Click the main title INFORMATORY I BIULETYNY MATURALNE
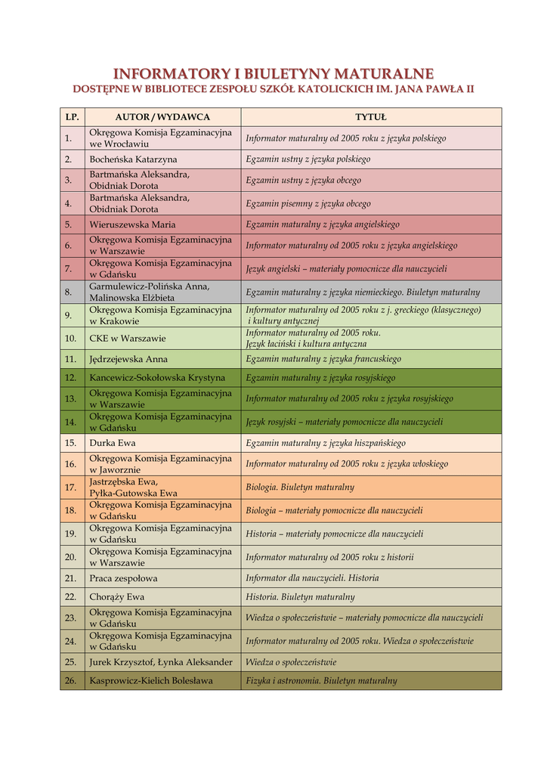pos(273,73)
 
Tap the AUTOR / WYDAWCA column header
pos(162,117)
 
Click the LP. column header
pos(72,117)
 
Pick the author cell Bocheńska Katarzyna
pos(133,159)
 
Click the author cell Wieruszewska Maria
pos(132,224)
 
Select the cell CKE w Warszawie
pos(127,338)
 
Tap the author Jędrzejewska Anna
pos(128,359)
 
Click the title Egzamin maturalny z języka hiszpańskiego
pos(326,443)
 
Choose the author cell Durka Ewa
pos(113,443)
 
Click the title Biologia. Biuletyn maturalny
pos(300,487)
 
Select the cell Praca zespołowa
pos(123,578)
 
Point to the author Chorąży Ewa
pos(116,596)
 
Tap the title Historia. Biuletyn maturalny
pos(300,596)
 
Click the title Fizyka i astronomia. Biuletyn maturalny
pos(321,680)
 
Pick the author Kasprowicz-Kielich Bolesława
pos(151,680)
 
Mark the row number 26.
pos(71,680)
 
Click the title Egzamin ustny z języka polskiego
pos(308,159)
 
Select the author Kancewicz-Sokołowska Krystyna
pos(157,377)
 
